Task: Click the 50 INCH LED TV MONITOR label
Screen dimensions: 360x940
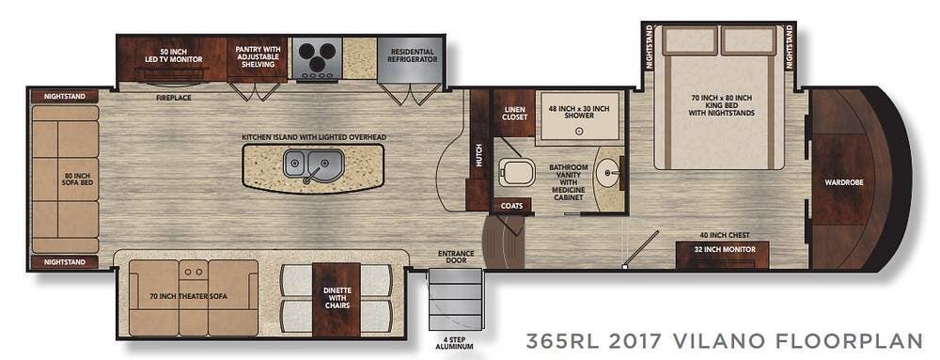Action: [x=170, y=55]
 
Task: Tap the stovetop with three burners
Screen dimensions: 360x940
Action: [x=315, y=61]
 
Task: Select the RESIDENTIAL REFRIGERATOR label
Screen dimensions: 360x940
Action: [x=413, y=55]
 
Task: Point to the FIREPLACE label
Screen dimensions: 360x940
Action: [x=175, y=96]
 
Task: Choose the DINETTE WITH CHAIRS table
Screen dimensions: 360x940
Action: [x=336, y=300]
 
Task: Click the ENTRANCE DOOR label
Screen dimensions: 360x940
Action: [x=456, y=257]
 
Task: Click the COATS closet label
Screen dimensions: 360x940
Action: [x=511, y=205]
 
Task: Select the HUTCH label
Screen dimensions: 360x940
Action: [x=478, y=161]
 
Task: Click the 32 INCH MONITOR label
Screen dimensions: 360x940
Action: [x=722, y=250]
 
